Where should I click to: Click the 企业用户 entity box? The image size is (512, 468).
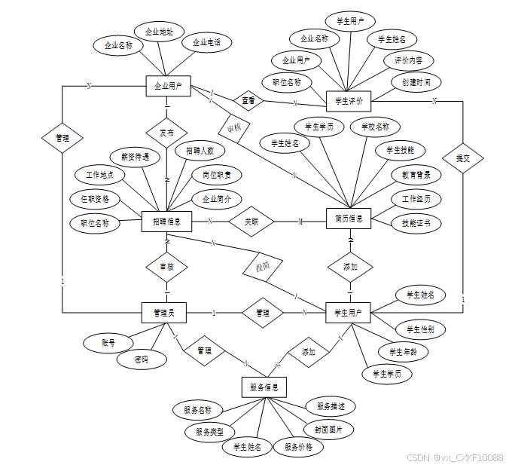click(x=168, y=86)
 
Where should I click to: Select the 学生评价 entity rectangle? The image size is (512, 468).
click(x=349, y=100)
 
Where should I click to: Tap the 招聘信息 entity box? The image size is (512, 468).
click(x=166, y=222)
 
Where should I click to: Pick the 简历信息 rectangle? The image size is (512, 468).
click(x=349, y=219)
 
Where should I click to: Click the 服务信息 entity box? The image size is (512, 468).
click(x=264, y=388)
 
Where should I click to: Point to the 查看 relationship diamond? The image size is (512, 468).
click(x=248, y=99)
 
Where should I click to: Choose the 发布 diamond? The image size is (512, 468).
click(x=166, y=133)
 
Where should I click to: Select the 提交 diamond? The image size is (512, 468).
click(x=462, y=158)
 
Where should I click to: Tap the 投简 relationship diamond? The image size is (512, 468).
click(x=258, y=267)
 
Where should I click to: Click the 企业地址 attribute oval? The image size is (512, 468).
click(x=160, y=32)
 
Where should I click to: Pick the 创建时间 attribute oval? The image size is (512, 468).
click(x=416, y=81)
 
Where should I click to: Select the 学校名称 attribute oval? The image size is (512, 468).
click(x=375, y=127)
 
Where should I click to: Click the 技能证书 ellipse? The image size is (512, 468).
click(x=416, y=223)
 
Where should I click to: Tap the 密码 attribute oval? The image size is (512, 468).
click(x=141, y=359)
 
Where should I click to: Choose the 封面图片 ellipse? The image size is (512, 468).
click(x=329, y=430)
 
